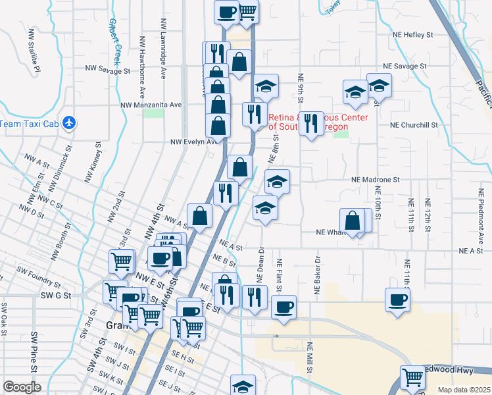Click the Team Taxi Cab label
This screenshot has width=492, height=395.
[30, 124]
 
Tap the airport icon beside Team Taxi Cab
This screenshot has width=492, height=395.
[71, 123]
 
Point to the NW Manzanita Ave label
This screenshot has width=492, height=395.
[151, 105]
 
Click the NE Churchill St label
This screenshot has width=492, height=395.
[414, 124]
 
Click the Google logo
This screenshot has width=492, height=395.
[22, 387]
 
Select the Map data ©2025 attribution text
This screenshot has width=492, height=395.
[464, 390]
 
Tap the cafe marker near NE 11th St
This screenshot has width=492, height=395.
[397, 300]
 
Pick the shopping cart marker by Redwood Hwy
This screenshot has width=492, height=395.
[412, 378]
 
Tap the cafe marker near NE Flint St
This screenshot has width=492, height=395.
[283, 307]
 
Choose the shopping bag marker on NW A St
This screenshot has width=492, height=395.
[199, 216]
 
